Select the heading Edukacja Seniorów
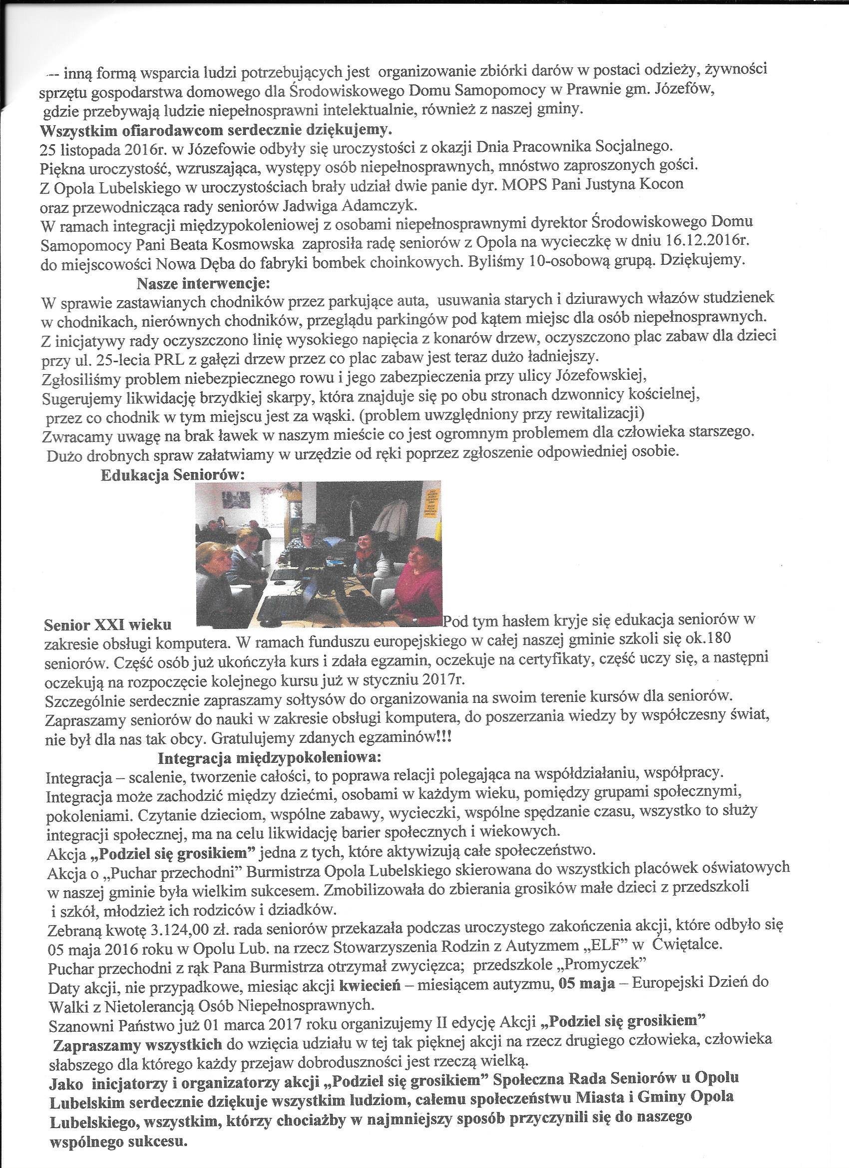point(171,475)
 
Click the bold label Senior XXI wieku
point(107,625)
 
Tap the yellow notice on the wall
point(430,502)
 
